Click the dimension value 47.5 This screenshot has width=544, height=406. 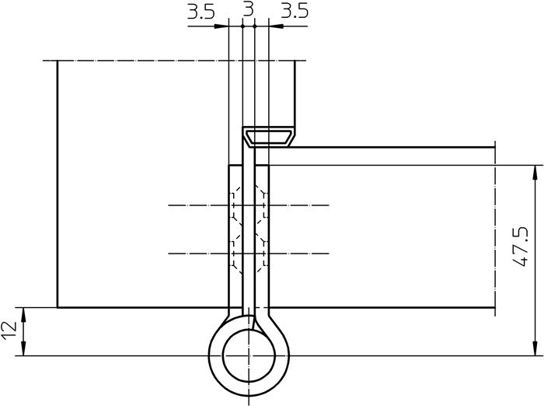pyautogui.click(x=521, y=247)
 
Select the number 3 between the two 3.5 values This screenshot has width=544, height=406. pyautogui.click(x=248, y=9)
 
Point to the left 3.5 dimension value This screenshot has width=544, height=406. pyautogui.click(x=201, y=12)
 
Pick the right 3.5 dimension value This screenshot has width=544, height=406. pyautogui.click(x=295, y=12)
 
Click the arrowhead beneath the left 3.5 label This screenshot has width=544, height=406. pyautogui.click(x=221, y=26)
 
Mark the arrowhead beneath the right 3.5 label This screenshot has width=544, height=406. pyautogui.click(x=276, y=26)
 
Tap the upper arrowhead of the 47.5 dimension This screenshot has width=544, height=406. pyautogui.click(x=535, y=173)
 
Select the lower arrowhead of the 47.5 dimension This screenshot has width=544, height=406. pyautogui.click(x=535, y=348)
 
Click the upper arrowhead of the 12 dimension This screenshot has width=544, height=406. pyautogui.click(x=23, y=315)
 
